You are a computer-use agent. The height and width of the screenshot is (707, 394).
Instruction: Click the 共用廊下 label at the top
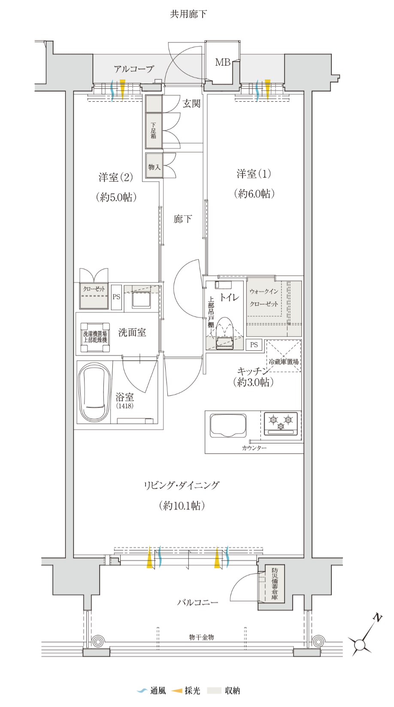188,14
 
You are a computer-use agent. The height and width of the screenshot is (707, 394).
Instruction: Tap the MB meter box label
223,62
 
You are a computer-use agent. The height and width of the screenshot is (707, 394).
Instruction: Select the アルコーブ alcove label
134,69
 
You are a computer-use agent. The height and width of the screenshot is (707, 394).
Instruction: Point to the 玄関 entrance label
191,103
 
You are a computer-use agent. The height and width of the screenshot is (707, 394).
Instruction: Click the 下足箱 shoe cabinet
154,130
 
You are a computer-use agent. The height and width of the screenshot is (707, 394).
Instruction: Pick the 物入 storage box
154,166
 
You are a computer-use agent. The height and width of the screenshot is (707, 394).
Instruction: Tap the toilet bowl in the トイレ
224,334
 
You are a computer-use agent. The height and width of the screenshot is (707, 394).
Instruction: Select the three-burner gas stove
281,423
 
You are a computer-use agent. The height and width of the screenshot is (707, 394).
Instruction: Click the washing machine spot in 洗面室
95,337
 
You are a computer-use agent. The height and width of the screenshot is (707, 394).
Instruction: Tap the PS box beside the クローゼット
116,297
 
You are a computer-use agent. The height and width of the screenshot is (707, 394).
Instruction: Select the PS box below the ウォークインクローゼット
254,345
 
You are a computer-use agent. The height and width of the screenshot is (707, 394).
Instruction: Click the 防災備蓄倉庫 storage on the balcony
272,584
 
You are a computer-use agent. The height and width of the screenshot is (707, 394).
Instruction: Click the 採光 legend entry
186,691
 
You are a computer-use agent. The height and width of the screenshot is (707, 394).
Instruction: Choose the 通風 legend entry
152,691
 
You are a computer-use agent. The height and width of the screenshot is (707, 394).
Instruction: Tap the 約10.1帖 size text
182,506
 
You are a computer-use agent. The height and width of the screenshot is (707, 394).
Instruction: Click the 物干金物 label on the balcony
202,637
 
